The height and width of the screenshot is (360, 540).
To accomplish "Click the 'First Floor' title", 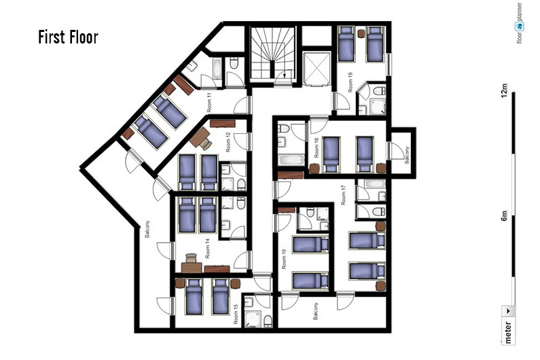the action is [x=68, y=37].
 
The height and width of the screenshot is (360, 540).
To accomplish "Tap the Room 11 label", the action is [x=209, y=103].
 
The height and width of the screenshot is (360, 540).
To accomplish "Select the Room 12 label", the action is [x=228, y=142].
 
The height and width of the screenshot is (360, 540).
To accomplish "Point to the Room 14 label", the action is [x=207, y=249].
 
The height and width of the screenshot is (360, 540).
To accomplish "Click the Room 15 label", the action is [x=236, y=314].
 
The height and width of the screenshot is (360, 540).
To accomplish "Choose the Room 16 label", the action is [x=284, y=259].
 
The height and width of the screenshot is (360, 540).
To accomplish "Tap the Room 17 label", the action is [x=343, y=196].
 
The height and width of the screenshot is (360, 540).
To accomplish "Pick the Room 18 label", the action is [x=317, y=148].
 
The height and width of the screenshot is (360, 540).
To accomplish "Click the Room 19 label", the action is [x=350, y=82].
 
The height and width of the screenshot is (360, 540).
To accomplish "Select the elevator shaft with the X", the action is [x=317, y=68].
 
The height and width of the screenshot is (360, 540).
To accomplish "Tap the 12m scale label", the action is [x=504, y=90].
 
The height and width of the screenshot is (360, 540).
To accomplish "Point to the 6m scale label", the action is [x=504, y=215].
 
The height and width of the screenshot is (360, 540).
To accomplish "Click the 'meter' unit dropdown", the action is [x=508, y=325].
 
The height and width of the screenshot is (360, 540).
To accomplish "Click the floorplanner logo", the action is [x=519, y=23].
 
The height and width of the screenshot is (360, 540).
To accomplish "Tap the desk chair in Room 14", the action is [x=191, y=258].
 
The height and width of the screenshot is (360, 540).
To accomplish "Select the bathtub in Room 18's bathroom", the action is [x=291, y=160].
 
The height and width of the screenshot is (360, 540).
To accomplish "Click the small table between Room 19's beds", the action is [x=361, y=34].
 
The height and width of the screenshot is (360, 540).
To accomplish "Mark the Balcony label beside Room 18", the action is [x=407, y=155].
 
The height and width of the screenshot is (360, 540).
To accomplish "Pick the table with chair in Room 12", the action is [x=200, y=138].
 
